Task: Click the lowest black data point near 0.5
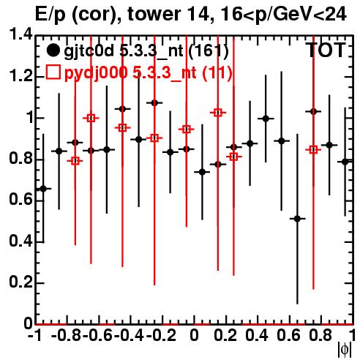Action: tap(297, 219)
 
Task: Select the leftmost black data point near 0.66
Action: tap(43, 189)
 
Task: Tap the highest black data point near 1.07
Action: tap(154, 103)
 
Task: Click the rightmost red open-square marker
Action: tap(313, 149)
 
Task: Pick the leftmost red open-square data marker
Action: tap(75, 161)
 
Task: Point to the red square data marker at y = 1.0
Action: tap(91, 119)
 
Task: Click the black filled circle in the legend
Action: tap(53, 50)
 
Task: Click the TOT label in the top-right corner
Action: tap(326, 50)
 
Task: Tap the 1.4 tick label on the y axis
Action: tap(20, 35)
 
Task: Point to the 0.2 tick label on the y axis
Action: tap(20, 282)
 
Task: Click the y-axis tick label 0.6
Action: tap(20, 200)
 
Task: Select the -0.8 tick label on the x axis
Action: tap(67, 335)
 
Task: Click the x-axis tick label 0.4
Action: tap(256, 335)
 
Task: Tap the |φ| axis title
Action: tap(345, 350)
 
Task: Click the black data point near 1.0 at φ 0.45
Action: tap(266, 119)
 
